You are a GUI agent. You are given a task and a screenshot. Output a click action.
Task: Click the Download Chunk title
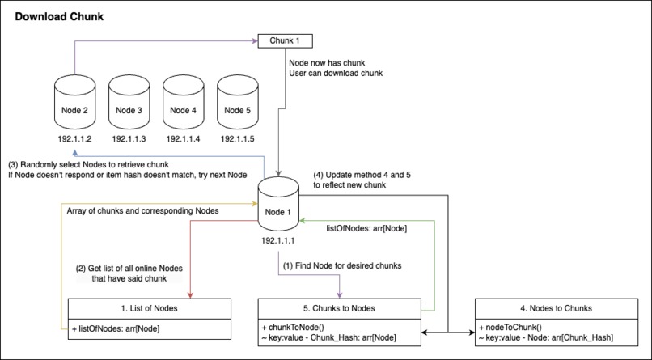59,16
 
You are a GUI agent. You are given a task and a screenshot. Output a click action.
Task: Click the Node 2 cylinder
74,101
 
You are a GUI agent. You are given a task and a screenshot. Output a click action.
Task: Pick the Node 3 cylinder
128,101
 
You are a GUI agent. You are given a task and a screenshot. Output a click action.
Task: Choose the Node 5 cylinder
236,101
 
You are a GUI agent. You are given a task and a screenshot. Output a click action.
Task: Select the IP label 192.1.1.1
279,240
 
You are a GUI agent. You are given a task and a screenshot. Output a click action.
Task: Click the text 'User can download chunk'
335,74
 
